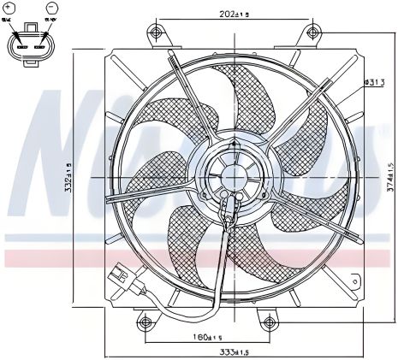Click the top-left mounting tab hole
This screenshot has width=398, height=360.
155,33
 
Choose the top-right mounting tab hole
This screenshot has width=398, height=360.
310,34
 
